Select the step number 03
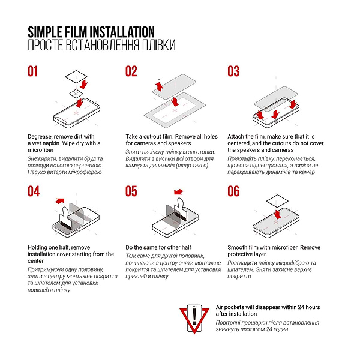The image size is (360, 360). pyautogui.click(x=233, y=71)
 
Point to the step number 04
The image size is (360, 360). pyautogui.click(x=34, y=191)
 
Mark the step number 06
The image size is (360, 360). pyautogui.click(x=233, y=191)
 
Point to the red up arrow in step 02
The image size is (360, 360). pyautogui.click(x=159, y=88)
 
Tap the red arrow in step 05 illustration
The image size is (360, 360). pyautogui.click(x=178, y=192)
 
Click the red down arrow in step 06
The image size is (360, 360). pyautogui.click(x=277, y=214)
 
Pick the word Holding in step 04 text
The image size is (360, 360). pyautogui.click(x=39, y=247)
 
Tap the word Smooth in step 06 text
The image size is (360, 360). pyautogui.click(x=239, y=247)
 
